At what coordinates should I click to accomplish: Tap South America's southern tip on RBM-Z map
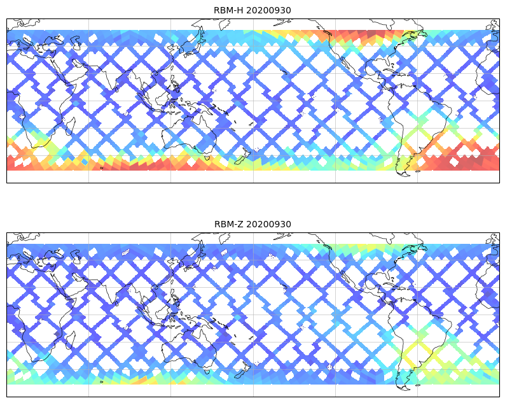(401, 385)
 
